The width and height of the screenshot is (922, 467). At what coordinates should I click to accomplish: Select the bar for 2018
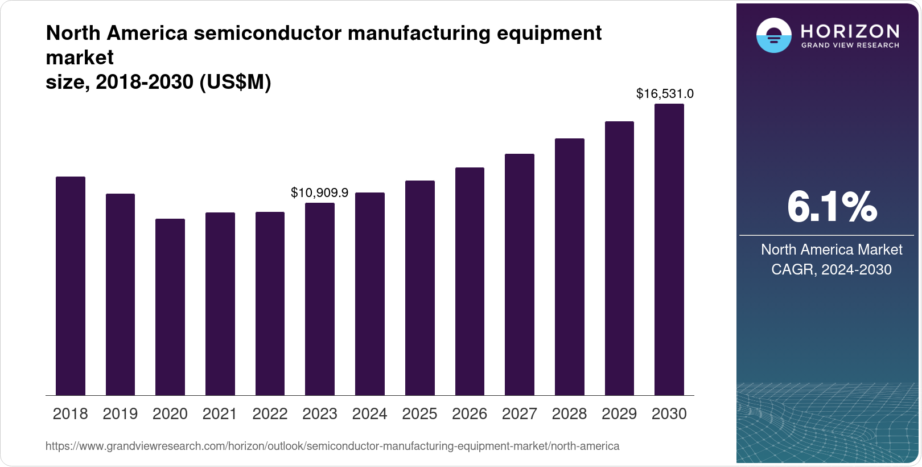[x=70, y=286]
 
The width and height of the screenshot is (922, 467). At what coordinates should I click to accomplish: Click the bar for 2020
[x=170, y=307]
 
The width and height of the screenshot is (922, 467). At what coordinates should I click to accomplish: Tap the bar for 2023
[x=319, y=299]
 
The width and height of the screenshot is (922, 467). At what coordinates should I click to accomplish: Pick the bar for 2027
[x=519, y=275]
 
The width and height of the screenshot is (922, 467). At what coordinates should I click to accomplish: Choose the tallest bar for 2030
[x=669, y=249]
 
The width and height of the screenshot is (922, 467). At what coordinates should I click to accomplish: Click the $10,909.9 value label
[x=319, y=192]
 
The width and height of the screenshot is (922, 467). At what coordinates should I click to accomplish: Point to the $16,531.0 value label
[x=664, y=93]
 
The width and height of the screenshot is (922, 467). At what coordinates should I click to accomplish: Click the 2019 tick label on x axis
[x=120, y=414]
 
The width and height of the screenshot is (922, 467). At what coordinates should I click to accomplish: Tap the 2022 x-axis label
[x=270, y=414]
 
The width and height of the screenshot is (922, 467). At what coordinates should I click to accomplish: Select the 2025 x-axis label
[x=419, y=414]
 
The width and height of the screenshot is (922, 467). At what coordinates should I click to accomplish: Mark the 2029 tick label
[x=619, y=414]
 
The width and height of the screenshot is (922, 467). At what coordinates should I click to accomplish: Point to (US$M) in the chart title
[x=235, y=83]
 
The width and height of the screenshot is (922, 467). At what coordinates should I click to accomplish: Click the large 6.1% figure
[x=832, y=207]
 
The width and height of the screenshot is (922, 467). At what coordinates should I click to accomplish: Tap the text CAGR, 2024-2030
[x=831, y=269]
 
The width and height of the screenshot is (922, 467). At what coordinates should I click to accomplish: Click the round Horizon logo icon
[x=773, y=35]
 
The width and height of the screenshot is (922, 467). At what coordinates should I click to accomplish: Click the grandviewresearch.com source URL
[x=332, y=446]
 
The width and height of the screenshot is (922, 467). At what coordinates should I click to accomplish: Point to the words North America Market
[x=831, y=249]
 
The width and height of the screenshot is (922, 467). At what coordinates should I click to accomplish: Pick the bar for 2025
[x=419, y=288]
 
